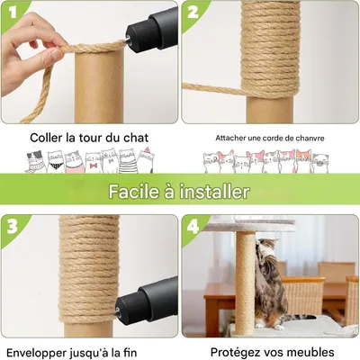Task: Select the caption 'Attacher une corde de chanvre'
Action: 269,138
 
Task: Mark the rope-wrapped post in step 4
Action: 245,279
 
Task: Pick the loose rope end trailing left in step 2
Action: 202,87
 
